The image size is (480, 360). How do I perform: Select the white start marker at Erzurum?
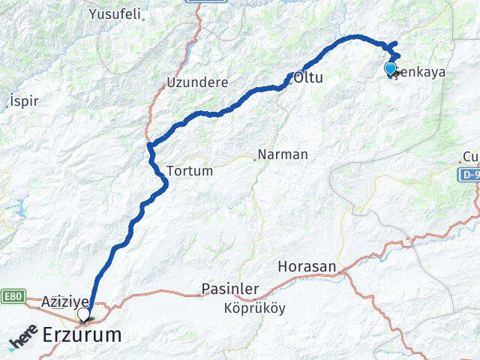coord(83,313)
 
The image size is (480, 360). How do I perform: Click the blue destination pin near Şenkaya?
coord(390,69)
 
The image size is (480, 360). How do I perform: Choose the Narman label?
coord(283,155)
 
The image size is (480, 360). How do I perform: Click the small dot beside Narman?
coord(255,158)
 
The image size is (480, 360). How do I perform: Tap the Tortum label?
coord(190,171)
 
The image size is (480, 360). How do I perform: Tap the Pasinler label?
coord(230,289)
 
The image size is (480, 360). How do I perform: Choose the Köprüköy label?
coord(254,308)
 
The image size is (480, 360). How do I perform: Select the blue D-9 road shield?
coord(469,173)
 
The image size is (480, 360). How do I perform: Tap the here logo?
coord(24,339)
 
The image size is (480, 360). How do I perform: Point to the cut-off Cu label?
coord(470,156)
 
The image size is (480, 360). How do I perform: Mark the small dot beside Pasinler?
coord(198,294)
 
